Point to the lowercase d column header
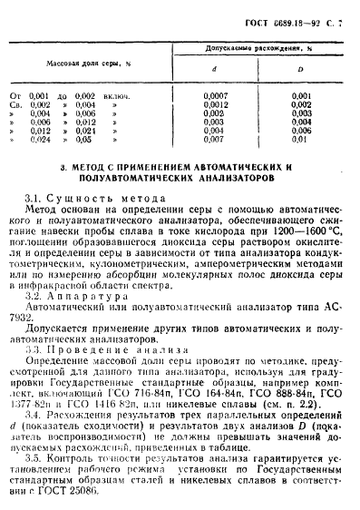(x=213, y=67)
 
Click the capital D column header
(x=300, y=67)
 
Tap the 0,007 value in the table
(x=214, y=141)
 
